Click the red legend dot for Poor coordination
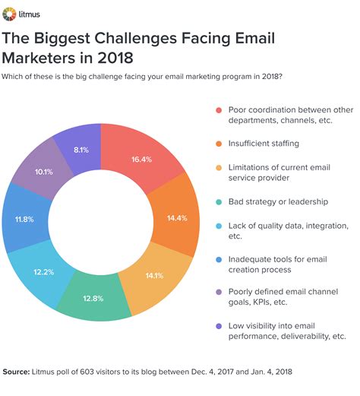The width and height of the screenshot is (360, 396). [x=219, y=109]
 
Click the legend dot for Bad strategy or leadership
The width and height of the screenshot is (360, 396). [x=219, y=201]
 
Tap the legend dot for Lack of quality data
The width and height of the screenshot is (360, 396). [x=219, y=226]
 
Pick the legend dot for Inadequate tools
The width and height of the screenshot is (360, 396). [x=219, y=258]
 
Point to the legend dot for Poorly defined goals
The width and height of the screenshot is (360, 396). [x=219, y=290]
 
